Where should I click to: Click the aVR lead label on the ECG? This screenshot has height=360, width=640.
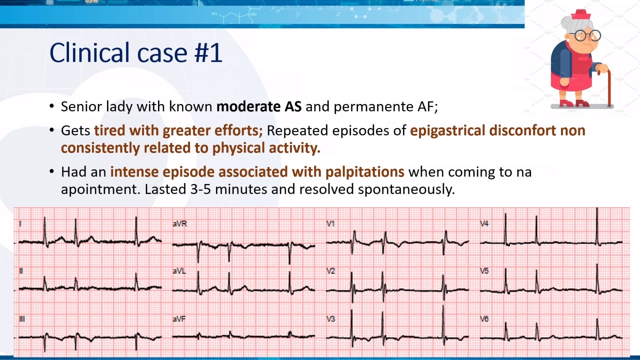[x=179, y=223]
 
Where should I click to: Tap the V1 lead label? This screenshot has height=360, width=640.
[x=330, y=223]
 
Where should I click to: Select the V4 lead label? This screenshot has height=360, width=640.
[x=484, y=223]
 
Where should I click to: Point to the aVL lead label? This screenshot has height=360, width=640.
[x=179, y=271]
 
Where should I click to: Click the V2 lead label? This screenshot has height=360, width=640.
[x=331, y=271]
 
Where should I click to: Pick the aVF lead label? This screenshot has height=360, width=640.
[x=179, y=319]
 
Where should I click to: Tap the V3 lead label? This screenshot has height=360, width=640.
[x=331, y=319]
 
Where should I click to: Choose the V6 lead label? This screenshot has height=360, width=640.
[x=484, y=319]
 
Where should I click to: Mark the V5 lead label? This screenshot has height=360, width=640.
[x=484, y=271]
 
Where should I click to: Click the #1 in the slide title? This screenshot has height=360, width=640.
[x=208, y=53]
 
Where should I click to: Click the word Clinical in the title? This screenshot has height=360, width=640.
[x=89, y=52]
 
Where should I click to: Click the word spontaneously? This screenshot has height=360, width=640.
[x=406, y=189]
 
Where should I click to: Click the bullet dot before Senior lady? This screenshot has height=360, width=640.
[x=51, y=106]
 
